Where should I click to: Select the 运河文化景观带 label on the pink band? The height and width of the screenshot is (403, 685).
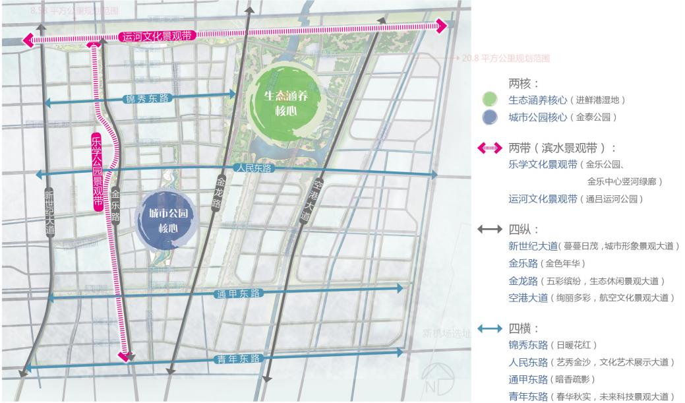(x=157, y=36)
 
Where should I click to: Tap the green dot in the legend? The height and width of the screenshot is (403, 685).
(x=489, y=100)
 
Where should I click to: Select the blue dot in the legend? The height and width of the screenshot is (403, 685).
(x=489, y=117)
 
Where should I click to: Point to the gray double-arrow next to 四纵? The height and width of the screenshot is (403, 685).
(x=490, y=230)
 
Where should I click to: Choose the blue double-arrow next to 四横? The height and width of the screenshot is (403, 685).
(x=490, y=328)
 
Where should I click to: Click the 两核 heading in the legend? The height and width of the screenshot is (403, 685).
(x=523, y=84)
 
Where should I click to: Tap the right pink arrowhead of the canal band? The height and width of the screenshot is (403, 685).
(x=440, y=26)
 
